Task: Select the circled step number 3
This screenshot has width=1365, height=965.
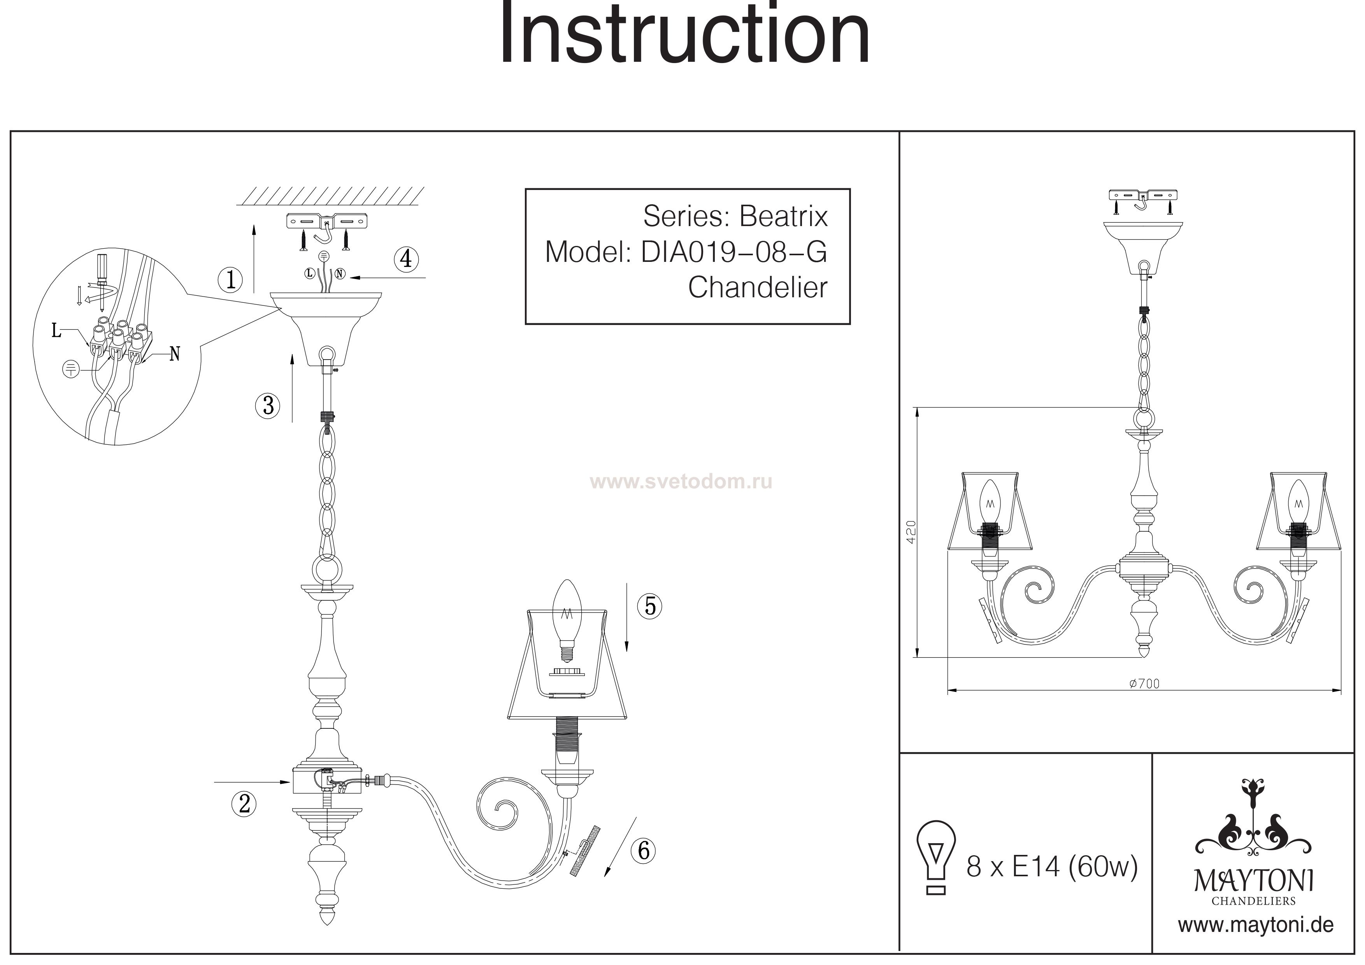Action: [268, 405]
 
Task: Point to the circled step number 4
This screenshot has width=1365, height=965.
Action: [406, 259]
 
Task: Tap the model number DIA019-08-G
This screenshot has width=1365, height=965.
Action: [733, 252]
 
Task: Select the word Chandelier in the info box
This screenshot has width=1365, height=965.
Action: [758, 288]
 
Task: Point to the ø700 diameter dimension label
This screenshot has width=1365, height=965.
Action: [1144, 684]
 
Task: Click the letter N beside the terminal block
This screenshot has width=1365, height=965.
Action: [174, 354]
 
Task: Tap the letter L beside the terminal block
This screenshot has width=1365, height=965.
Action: [56, 331]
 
